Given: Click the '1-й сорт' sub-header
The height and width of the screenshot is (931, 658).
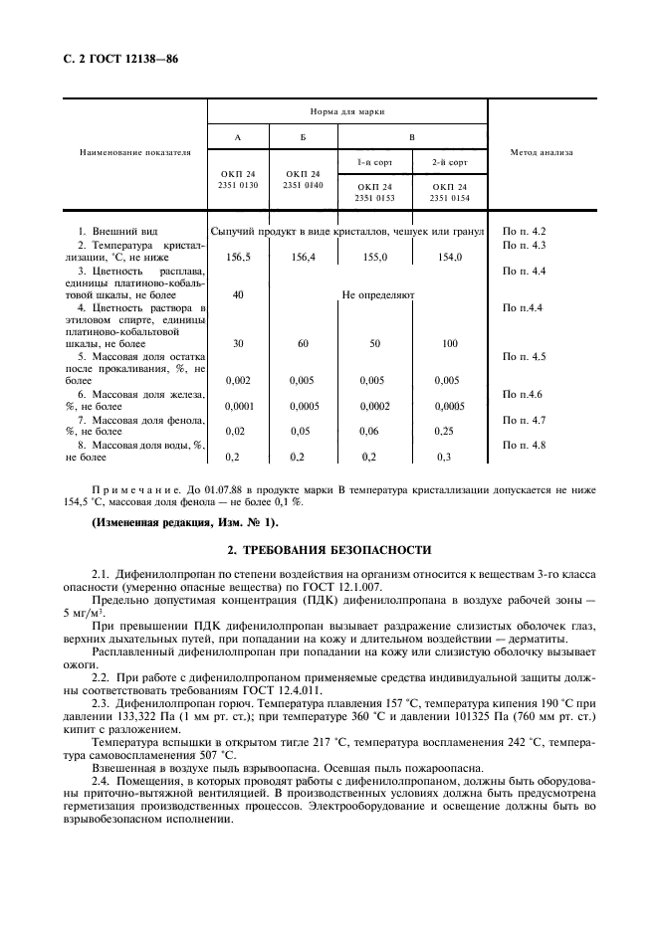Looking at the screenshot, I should point(376,161).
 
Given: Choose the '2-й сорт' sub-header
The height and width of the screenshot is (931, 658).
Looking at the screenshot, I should point(450,161).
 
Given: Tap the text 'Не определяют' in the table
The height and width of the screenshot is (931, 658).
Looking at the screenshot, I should point(378,294).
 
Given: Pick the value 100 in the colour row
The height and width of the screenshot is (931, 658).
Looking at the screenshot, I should point(449,343).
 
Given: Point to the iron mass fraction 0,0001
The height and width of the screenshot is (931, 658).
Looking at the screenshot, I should point(238,407).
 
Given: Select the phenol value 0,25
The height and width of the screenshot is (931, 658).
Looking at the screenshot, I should point(449,431).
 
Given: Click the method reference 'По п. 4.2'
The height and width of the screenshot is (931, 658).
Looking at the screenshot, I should point(526,231).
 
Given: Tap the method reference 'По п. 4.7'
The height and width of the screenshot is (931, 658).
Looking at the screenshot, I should point(526,420).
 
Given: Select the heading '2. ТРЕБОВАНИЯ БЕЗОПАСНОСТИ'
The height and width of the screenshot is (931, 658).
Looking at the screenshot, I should point(329,549).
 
